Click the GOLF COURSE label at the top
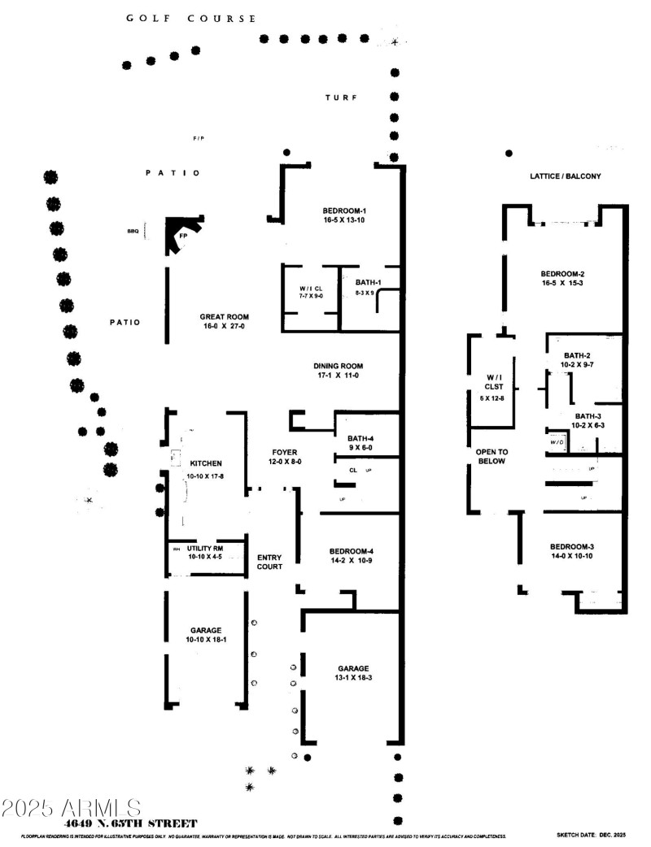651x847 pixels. click(x=191, y=18)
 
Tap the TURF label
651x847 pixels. click(x=341, y=98)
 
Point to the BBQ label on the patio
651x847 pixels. click(x=133, y=232)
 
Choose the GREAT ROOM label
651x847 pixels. click(x=225, y=317)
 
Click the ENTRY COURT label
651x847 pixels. click(x=269, y=562)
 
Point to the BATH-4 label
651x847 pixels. click(x=359, y=439)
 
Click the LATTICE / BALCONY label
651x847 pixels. click(x=565, y=176)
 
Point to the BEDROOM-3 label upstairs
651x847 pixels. click(x=576, y=545)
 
